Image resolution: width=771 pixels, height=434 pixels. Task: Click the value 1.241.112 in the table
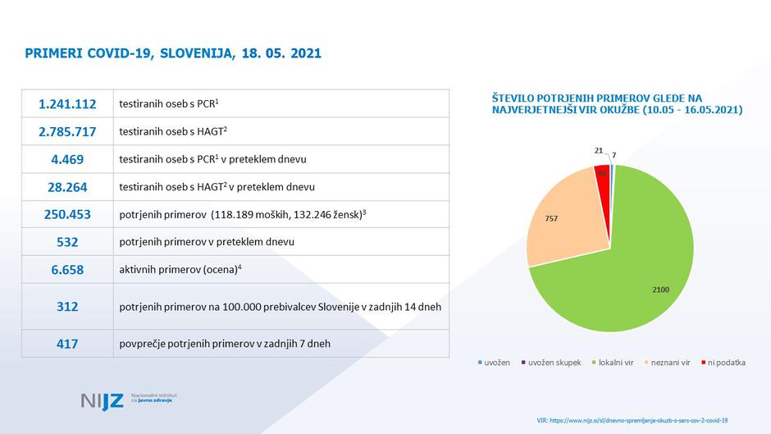tap(67, 104)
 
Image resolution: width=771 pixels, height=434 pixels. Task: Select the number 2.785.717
tap(67, 131)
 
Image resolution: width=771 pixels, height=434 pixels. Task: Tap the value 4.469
tap(67, 159)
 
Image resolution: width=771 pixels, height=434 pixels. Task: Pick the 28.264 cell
tap(67, 187)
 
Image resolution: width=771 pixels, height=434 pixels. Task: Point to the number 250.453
tap(67, 214)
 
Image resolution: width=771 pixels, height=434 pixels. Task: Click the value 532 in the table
tap(67, 242)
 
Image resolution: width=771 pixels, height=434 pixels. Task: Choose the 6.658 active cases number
tap(67, 269)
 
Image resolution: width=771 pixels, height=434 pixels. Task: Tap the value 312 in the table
tap(67, 306)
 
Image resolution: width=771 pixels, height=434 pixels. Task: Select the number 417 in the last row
tap(67, 344)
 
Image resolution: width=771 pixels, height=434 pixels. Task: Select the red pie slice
tap(604, 176)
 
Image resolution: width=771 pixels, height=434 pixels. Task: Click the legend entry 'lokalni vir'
tap(614, 363)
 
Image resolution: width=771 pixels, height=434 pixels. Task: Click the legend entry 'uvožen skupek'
tap(553, 363)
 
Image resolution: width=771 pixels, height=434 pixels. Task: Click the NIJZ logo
tap(103, 400)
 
